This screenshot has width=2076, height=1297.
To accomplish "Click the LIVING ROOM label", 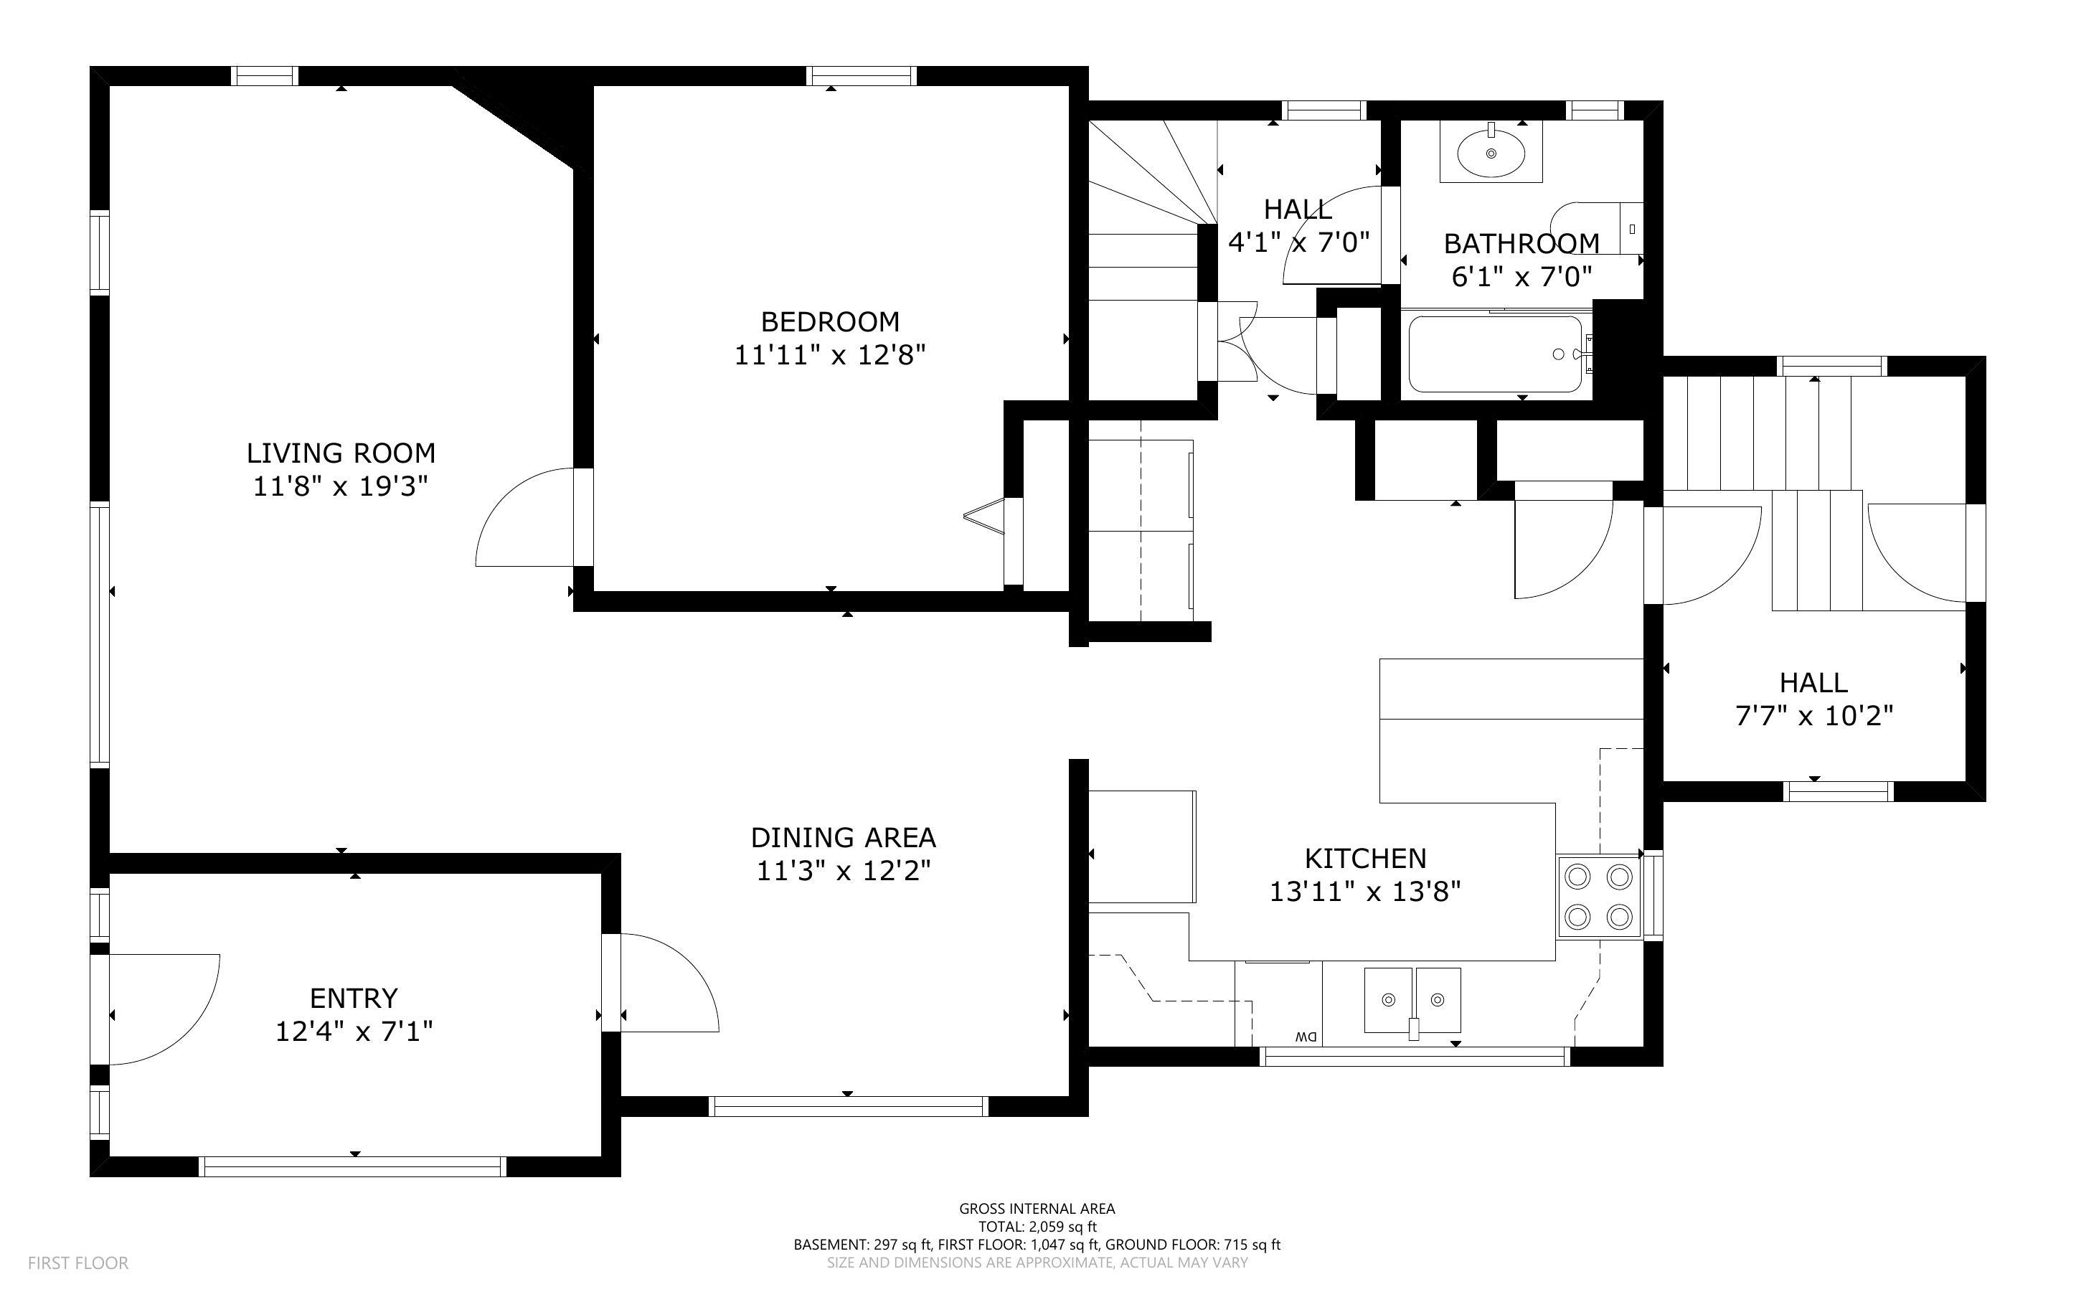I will click(x=341, y=453).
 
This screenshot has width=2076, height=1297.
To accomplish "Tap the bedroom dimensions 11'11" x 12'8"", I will click(x=829, y=355).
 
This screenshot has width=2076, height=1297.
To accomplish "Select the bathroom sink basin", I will click(x=1491, y=154).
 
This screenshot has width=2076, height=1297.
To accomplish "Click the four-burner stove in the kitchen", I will click(x=1598, y=897).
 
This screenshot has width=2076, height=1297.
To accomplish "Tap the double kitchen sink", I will click(x=1412, y=999).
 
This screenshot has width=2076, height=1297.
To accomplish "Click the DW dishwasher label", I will click(x=1305, y=1036).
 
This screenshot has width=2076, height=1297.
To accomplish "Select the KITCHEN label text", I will click(x=1365, y=859).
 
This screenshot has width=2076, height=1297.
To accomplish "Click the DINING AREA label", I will click(x=843, y=837).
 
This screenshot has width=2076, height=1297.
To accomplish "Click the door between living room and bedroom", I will click(x=529, y=518).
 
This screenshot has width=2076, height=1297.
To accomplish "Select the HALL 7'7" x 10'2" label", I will click(x=1813, y=699).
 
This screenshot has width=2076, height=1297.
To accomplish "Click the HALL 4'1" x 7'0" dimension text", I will click(x=1298, y=242).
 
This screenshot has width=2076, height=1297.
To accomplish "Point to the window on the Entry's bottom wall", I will click(x=352, y=1166).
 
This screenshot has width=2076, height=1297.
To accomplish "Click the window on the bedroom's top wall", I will click(x=861, y=76).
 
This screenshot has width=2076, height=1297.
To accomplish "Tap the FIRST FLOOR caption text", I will click(x=78, y=1263).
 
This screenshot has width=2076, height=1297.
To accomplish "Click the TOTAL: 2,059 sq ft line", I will click(x=1037, y=1227).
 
